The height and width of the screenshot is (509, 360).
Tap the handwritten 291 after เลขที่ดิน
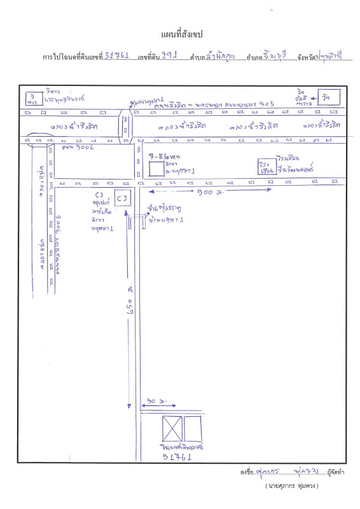click(169, 56)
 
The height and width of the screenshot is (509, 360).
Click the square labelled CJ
click(122, 198)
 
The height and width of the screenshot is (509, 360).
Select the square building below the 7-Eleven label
click(155, 169)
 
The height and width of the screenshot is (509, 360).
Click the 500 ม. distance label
click(207, 190)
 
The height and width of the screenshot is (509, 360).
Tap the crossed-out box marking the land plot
click(172, 429)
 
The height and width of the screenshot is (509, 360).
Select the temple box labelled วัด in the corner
click(329, 97)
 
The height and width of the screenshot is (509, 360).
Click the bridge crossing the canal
click(126, 125)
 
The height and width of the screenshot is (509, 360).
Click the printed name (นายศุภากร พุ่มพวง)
click(291, 485)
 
